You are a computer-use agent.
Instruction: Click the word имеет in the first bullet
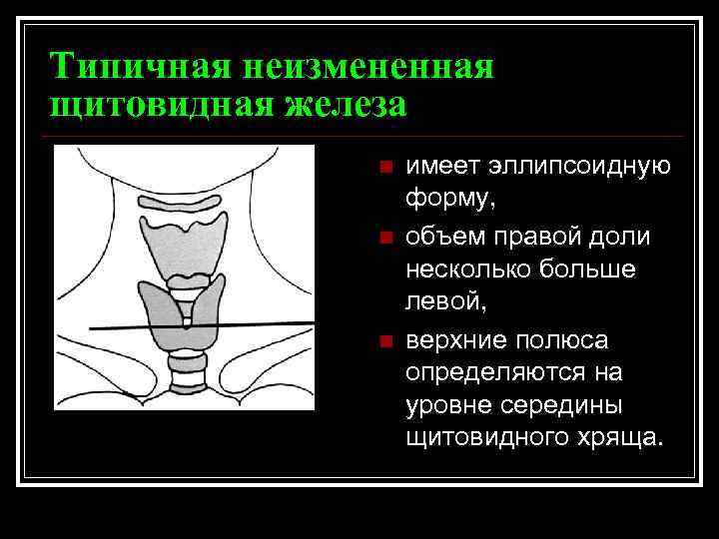tap(439, 167)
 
